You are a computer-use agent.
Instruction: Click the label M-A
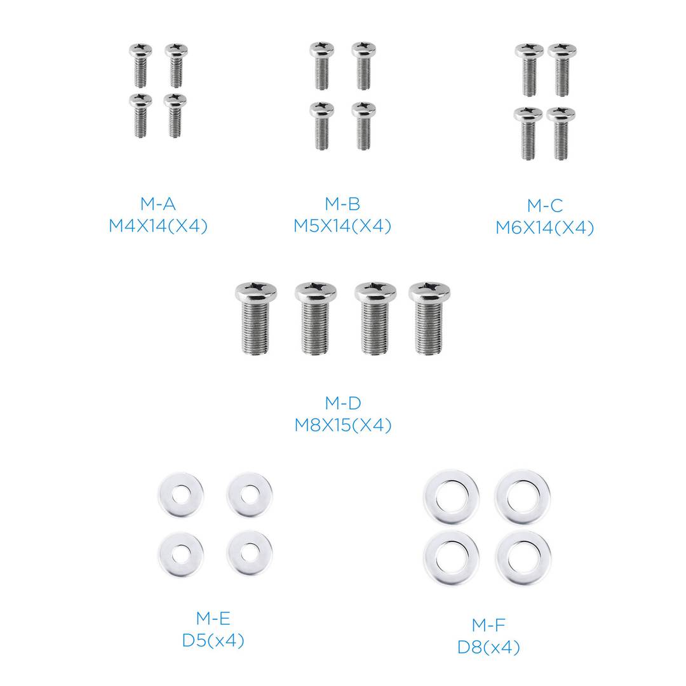[158, 204]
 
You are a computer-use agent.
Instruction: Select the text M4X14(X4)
[158, 226]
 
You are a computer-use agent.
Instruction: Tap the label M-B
[342, 204]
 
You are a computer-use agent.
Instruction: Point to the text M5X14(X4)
[342, 226]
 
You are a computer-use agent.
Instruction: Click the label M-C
[544, 206]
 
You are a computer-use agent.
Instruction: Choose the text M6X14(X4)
[544, 228]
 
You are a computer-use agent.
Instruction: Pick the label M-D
[342, 403]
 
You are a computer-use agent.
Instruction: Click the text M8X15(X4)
[342, 425]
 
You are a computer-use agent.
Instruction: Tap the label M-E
[212, 618]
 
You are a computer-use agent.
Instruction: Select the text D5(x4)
[212, 640]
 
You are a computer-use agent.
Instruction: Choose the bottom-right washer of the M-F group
[523, 556]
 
